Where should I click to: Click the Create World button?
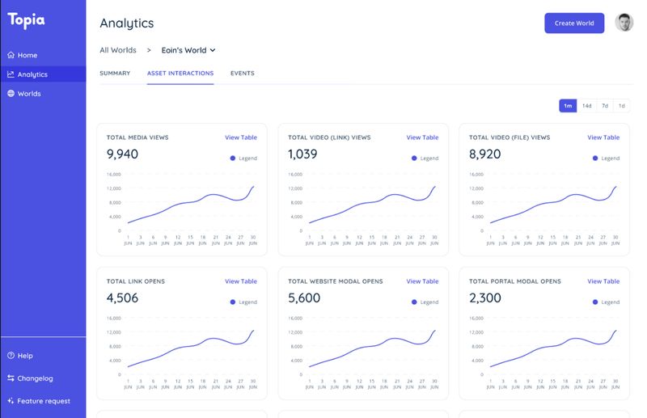coord(573,23)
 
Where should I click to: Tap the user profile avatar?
coord(624,23)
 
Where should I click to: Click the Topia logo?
coord(27,20)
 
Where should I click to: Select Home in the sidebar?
coord(27,55)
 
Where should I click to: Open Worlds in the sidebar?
coord(29,94)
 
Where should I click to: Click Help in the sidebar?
coord(25,356)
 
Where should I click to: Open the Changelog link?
coord(35,378)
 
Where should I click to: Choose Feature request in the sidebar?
coord(44,401)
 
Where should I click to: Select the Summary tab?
coord(115,74)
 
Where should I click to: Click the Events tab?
coord(242,74)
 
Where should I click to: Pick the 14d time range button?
coord(587,106)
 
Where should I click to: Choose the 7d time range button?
coord(605,106)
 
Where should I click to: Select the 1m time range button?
coord(568,106)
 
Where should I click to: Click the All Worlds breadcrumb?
coord(118,50)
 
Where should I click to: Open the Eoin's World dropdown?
coord(188,50)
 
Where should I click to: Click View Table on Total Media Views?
coord(241,137)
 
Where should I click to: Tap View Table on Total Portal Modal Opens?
coord(603,281)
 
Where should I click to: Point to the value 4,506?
coord(122,298)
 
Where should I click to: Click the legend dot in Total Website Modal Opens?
coord(415,302)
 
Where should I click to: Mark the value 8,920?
coord(485,154)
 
